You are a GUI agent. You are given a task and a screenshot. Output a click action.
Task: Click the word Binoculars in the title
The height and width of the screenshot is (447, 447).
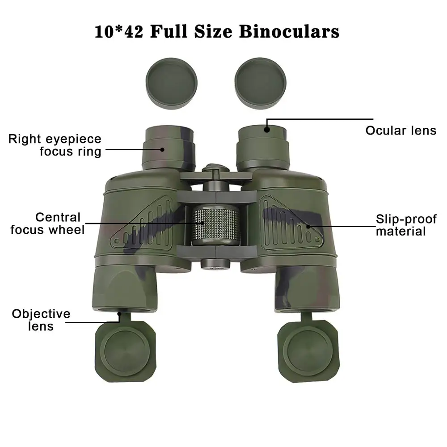click(x=289, y=31)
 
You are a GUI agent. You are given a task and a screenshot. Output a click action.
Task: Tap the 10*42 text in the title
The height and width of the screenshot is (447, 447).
click(x=118, y=31)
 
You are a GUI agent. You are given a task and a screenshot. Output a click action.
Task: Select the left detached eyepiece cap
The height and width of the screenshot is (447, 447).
click(x=171, y=83)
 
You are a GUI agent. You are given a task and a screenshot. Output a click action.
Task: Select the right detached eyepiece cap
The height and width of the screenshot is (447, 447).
click(x=260, y=83)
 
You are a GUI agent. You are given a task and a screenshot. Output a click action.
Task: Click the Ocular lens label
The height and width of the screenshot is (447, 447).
click(x=401, y=131)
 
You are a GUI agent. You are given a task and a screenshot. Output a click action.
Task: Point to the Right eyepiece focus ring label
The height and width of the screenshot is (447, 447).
click(x=55, y=145)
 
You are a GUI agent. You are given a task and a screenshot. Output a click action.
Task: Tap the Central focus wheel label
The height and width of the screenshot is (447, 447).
click(x=48, y=223)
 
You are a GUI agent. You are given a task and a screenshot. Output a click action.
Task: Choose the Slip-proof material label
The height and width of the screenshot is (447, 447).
click(x=406, y=225)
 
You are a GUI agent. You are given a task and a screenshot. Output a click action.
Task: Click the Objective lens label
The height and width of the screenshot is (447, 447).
click(x=41, y=320)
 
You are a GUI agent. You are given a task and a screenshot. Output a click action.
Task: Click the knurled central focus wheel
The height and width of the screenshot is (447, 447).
click(x=216, y=225)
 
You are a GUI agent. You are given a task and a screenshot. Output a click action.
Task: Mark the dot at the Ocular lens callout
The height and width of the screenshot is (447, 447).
click(x=267, y=130)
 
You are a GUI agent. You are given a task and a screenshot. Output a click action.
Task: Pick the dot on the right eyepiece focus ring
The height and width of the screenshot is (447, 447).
click(x=162, y=149)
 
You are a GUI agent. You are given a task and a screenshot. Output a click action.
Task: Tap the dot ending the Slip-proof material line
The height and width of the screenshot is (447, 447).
click(x=308, y=227)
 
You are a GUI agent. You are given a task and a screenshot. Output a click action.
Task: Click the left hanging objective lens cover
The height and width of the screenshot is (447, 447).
click(x=126, y=349)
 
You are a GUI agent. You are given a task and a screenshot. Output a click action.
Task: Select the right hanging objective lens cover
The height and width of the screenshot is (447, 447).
click(x=309, y=350)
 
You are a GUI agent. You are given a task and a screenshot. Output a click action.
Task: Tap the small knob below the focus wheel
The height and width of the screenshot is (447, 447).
click(x=215, y=264)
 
